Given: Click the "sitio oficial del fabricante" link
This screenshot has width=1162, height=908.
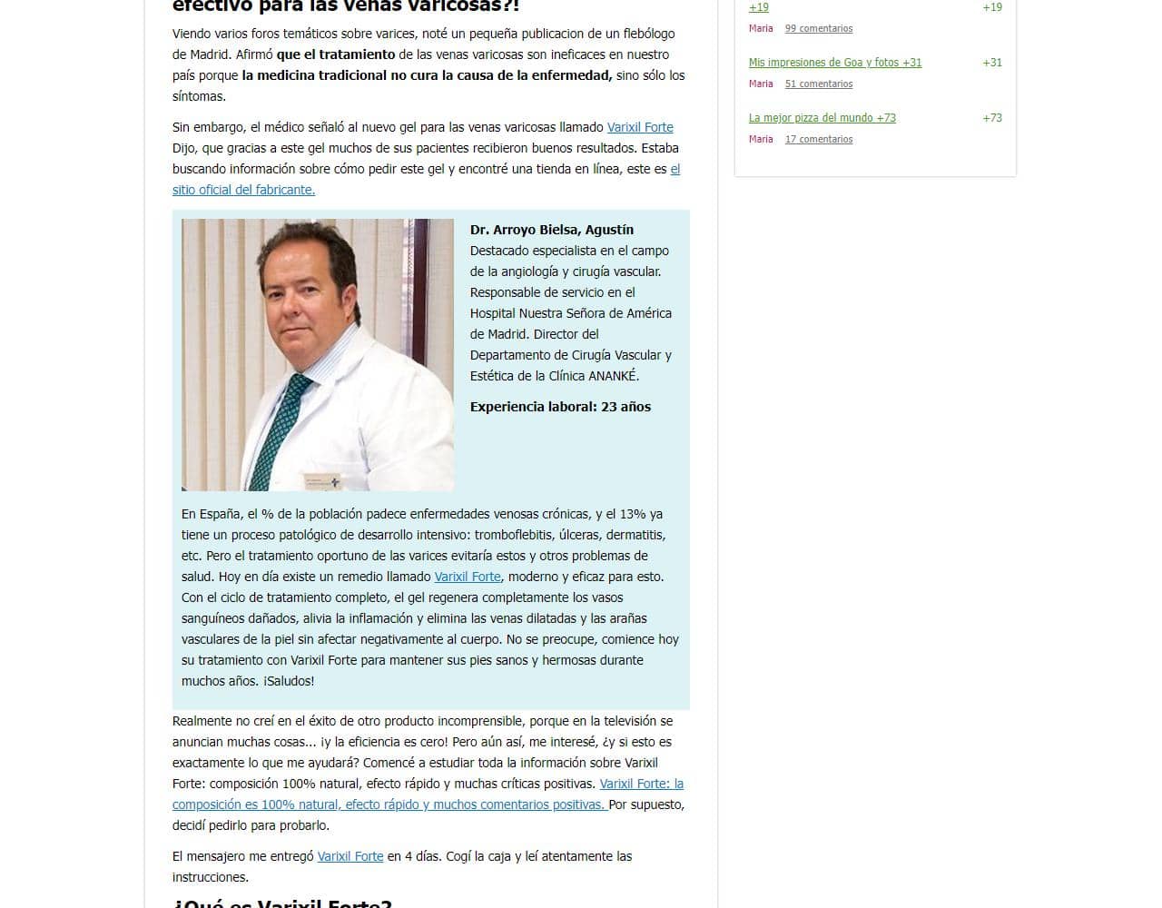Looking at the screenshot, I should (243, 190).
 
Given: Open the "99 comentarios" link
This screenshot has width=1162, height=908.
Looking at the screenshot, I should (818, 28).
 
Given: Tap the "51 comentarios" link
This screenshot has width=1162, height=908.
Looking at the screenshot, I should (818, 84).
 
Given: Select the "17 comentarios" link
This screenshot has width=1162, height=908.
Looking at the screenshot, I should (818, 139).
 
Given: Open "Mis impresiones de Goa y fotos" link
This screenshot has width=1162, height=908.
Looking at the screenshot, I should (834, 63).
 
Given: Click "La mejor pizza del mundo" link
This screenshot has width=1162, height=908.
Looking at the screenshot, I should (822, 118).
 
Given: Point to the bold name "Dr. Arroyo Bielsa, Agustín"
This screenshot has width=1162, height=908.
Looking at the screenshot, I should (552, 230).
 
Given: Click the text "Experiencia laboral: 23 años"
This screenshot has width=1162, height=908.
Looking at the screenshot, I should (560, 407).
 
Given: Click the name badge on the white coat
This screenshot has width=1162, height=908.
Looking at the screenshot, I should (321, 480).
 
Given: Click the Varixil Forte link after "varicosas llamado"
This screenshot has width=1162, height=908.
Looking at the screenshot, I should (640, 127).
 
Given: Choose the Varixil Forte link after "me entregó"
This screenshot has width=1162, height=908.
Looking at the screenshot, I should (350, 856).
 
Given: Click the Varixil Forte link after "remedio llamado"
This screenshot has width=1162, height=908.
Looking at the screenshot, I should (468, 577).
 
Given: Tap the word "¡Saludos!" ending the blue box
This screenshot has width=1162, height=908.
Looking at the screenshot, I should (289, 681).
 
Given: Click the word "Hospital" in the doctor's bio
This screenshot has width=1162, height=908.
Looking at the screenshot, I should (493, 313).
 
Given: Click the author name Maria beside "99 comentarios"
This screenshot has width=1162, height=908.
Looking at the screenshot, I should (761, 28).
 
